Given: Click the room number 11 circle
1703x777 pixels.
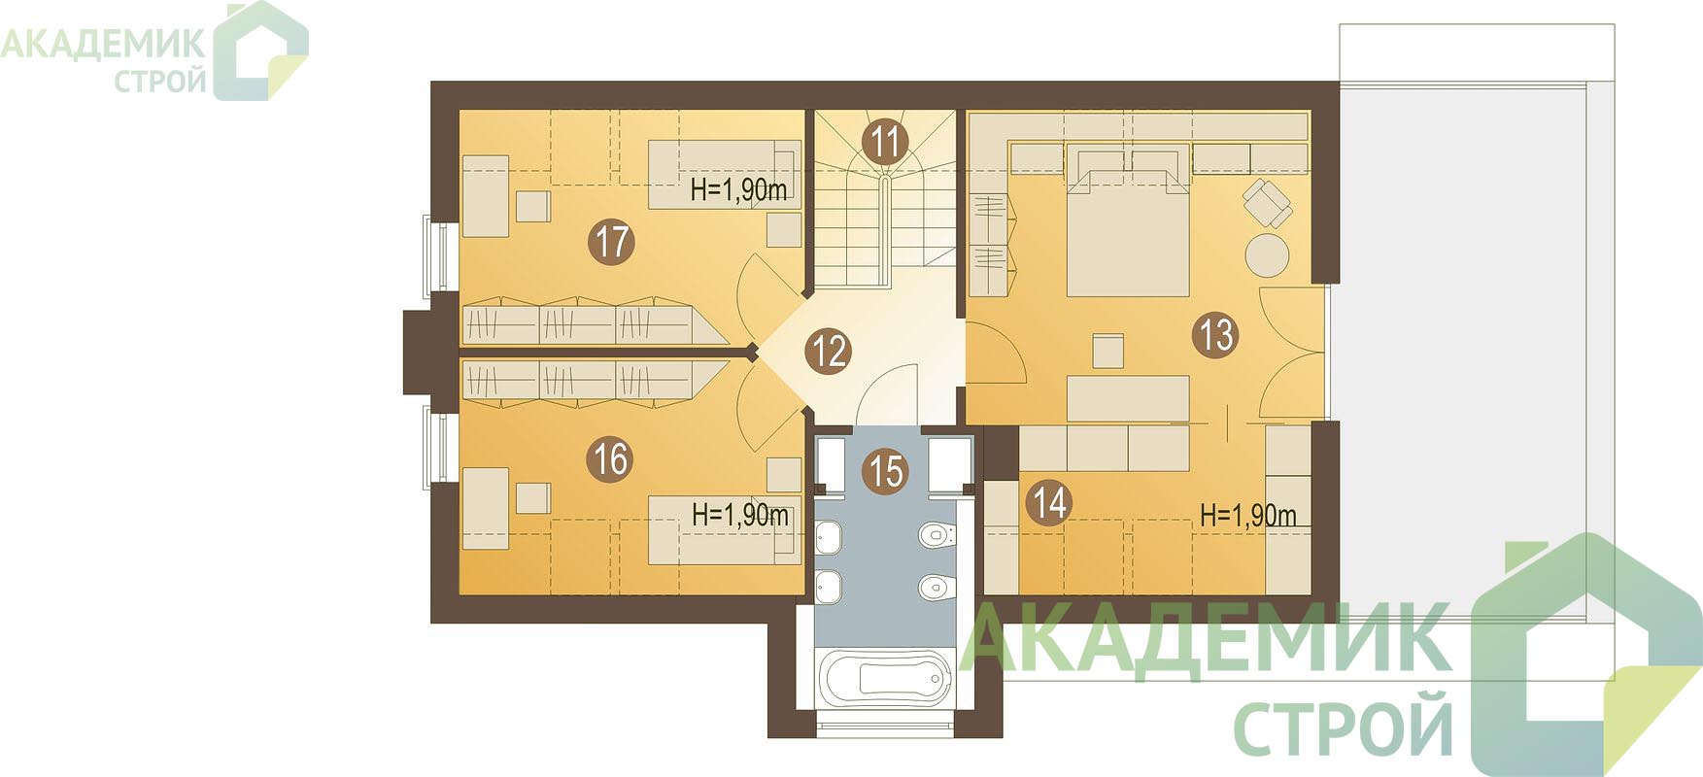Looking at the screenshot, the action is pos(884,142).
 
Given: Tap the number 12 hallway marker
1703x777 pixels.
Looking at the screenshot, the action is pos(829,351).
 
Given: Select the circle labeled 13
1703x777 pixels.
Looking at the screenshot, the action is pos(1215,335).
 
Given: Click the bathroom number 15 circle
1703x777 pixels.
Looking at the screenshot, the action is pos(885,472).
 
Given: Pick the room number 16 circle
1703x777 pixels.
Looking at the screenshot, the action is pos(611,458).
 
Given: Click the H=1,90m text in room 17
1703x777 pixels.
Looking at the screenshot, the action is pos(738,190).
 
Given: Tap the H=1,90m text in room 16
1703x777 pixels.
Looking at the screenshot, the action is pos(740,514).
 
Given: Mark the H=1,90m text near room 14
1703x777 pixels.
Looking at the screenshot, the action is pos(1248,515).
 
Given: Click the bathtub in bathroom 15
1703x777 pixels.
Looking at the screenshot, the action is pos(883,677).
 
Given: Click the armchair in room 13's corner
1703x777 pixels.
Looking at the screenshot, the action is pos(1268,202).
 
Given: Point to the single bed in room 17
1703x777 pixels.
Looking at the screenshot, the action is pos(725,174).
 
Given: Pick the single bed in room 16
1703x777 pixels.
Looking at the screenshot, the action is pos(725,529).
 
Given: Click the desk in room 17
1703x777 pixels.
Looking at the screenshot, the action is pos(486,196).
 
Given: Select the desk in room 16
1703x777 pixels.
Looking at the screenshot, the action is pos(486,509).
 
